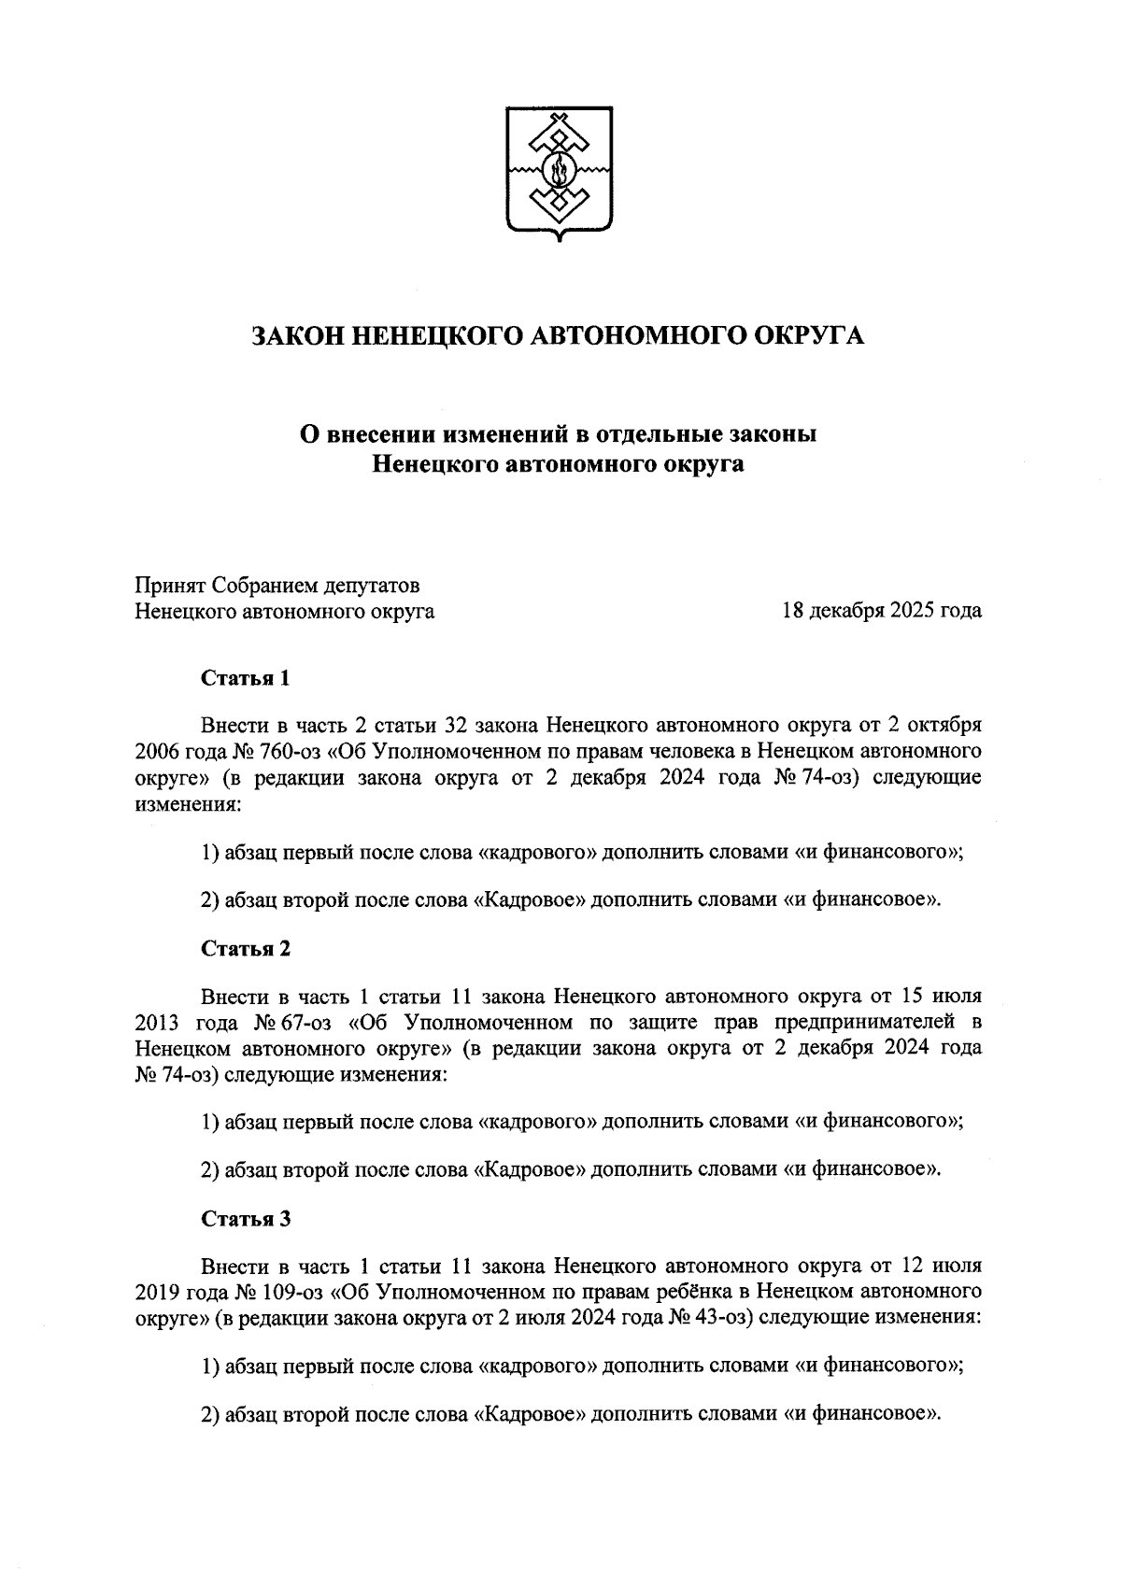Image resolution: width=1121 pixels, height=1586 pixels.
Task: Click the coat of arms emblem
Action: (x=560, y=173)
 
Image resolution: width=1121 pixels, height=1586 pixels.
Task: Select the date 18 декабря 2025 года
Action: (x=882, y=612)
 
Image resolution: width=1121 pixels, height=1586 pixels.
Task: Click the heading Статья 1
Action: (x=246, y=678)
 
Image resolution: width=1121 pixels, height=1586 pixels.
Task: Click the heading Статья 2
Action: (x=246, y=948)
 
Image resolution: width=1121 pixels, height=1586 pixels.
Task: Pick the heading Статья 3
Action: (x=246, y=1219)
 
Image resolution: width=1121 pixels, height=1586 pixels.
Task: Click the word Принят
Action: (x=169, y=586)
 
